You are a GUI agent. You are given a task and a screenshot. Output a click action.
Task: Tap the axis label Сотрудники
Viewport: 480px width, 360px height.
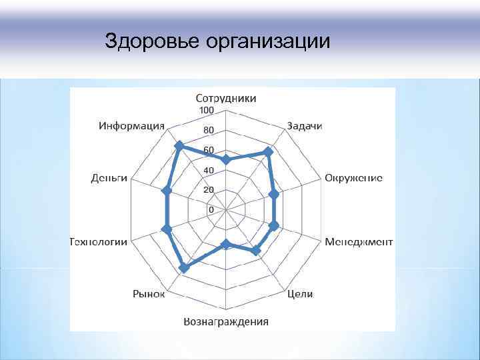tap(225, 98)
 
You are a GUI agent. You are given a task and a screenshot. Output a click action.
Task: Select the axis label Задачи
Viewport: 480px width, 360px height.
tap(305, 126)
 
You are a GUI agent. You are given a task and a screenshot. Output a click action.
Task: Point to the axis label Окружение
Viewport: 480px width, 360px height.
tap(353, 178)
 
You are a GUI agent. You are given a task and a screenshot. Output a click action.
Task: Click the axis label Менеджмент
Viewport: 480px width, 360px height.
tap(359, 241)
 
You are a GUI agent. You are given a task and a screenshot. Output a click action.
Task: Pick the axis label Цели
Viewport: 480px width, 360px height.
tap(299, 294)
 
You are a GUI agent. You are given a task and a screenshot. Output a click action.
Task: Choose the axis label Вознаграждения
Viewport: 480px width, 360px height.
tap(226, 321)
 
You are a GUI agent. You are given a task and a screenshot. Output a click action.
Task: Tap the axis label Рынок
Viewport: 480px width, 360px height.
tap(148, 293)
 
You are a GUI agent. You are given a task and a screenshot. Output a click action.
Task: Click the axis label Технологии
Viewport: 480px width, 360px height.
tap(99, 241)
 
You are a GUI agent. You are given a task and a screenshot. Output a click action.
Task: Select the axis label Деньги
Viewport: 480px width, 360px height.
tap(109, 178)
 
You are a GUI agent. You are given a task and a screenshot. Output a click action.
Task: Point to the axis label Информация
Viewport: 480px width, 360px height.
tap(132, 125)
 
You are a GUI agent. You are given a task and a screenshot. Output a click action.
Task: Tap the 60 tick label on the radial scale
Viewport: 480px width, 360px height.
tap(209, 150)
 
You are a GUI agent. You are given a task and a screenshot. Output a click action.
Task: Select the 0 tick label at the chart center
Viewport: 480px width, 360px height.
tap(211, 209)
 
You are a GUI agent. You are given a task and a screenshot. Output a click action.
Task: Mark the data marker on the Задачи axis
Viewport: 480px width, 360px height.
tap(268, 152)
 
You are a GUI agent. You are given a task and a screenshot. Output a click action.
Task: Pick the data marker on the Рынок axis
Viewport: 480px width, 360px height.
tap(183, 269)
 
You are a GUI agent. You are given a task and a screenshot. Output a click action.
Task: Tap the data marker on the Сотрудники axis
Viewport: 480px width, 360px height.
tap(226, 159)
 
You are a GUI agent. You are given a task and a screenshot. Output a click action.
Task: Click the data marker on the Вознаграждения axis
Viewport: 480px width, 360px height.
tap(226, 244)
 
